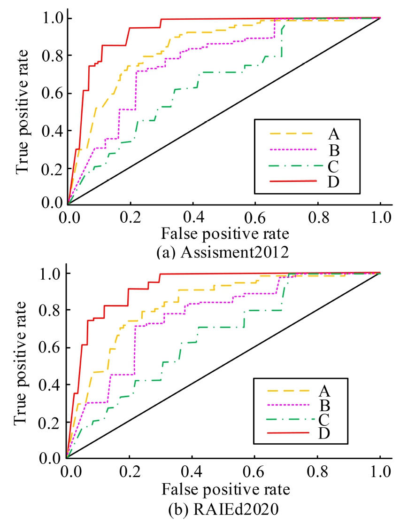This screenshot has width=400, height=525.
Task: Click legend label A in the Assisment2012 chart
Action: pyautogui.click(x=334, y=134)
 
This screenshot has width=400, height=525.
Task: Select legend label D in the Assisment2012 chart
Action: pyautogui.click(x=334, y=181)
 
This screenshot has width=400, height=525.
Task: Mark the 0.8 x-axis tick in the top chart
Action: pyautogui.click(x=318, y=218)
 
